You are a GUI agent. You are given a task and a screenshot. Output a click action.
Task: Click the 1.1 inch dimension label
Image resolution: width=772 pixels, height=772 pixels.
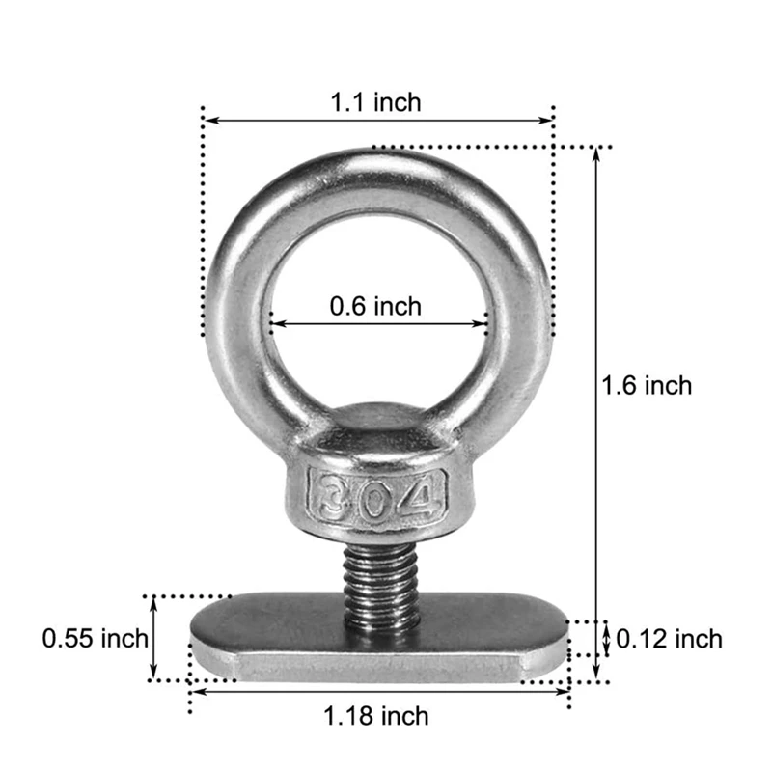[x=376, y=101]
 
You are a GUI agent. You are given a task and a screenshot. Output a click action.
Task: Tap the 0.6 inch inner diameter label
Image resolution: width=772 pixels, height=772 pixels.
[x=375, y=307]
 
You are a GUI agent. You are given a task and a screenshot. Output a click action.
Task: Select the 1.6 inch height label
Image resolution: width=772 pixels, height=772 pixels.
[x=647, y=385]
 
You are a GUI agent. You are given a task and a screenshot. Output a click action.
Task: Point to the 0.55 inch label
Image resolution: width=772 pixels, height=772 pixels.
[x=95, y=638]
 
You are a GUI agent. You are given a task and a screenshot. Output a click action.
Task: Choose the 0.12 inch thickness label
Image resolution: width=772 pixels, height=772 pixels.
[x=669, y=638]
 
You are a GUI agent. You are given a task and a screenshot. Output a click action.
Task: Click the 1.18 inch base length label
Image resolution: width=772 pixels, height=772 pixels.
[x=376, y=716]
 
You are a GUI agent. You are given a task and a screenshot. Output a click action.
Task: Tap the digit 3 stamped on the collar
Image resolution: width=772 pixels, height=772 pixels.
[x=332, y=495]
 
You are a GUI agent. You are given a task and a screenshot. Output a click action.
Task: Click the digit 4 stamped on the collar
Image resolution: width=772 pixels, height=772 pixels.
[x=423, y=494]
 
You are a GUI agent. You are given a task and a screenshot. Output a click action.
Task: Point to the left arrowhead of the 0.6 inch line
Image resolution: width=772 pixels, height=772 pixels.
[x=275, y=324]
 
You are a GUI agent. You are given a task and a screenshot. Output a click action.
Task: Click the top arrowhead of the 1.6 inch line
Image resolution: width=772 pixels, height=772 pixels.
[x=598, y=154]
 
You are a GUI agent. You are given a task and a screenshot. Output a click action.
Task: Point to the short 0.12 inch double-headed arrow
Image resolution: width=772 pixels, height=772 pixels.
[x=606, y=638]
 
